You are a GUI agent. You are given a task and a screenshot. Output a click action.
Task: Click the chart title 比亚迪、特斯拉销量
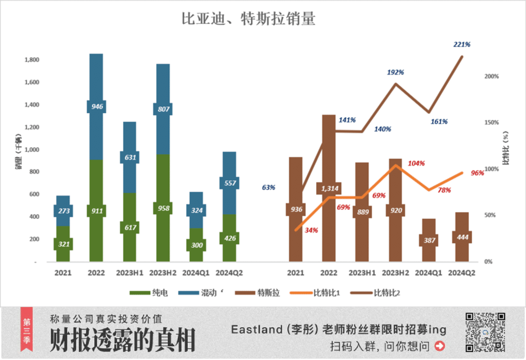coord(248,19)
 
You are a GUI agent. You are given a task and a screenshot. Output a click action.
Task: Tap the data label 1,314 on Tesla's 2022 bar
coord(329,188)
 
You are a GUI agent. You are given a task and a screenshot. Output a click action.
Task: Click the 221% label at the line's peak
coord(461,45)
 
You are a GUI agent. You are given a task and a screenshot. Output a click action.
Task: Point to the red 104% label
coord(416,164)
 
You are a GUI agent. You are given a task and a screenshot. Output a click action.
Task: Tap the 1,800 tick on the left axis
coord(32,60)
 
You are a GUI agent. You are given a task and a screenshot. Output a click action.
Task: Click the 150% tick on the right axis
coord(491,123)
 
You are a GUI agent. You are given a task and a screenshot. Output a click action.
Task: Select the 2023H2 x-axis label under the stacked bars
coord(163,273)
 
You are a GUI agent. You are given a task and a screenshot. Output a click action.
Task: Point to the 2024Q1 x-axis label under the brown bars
coord(429,273)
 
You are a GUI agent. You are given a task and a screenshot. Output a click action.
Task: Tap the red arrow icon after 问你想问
coord(440,346)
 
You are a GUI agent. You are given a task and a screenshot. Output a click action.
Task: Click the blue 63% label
coord(268,187)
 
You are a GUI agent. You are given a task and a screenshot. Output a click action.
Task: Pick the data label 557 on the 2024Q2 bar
coord(229,183)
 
